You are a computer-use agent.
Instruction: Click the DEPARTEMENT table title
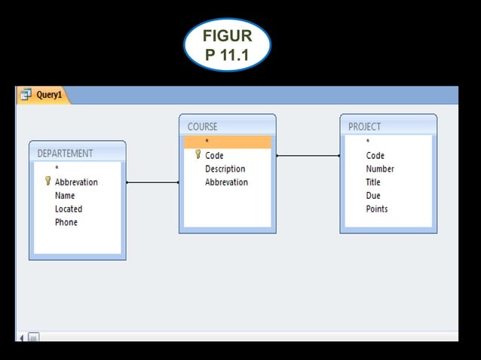tap(65, 153)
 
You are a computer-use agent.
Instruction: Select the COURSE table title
tap(202, 127)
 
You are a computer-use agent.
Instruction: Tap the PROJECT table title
tap(364, 127)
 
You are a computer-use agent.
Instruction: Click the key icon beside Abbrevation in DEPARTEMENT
tap(47, 182)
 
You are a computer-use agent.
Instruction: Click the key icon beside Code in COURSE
tap(198, 155)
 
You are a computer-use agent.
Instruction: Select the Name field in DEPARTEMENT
tap(65, 196)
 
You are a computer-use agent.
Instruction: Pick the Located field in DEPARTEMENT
tap(69, 209)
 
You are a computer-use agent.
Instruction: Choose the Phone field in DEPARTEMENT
tap(66, 223)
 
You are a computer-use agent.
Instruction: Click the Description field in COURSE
tap(225, 169)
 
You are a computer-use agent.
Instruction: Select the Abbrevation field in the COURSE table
tap(226, 182)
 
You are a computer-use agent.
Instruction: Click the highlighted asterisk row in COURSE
tap(227, 142)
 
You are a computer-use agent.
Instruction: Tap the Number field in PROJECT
tap(380, 169)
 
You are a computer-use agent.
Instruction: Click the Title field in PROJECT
tap(373, 182)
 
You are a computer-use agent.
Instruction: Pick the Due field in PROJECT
tap(373, 196)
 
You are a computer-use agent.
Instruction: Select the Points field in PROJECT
tap(377, 209)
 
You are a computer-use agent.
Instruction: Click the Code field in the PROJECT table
tap(375, 155)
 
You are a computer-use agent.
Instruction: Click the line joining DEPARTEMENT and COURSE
tap(152, 182)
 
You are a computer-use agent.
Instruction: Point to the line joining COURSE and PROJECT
tap(308, 156)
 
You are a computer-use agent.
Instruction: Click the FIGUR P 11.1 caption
tap(227, 45)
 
